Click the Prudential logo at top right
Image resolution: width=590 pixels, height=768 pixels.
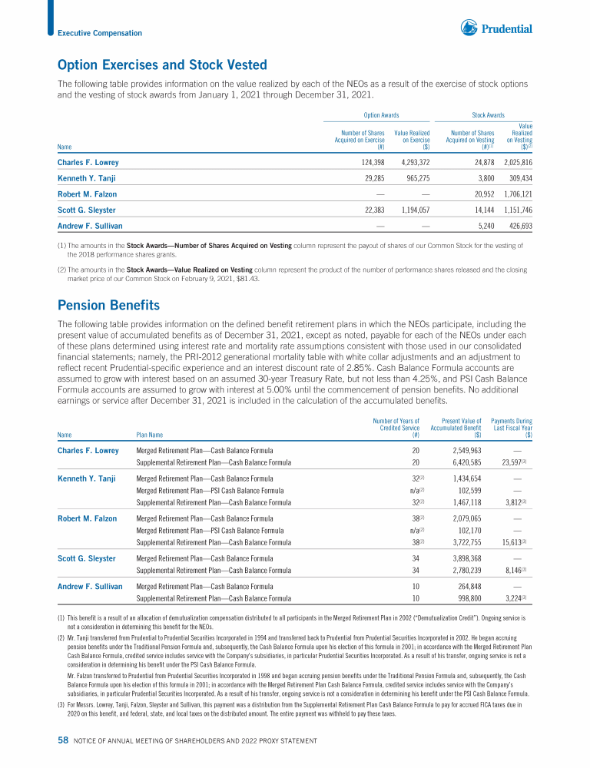pos(496,29)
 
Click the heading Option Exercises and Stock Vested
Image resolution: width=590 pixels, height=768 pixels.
pos(162,65)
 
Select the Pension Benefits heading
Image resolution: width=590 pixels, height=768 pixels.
pos(109,304)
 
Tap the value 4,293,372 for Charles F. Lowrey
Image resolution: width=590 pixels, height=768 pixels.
pos(411,163)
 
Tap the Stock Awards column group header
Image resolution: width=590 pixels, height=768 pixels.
pos(488,114)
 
